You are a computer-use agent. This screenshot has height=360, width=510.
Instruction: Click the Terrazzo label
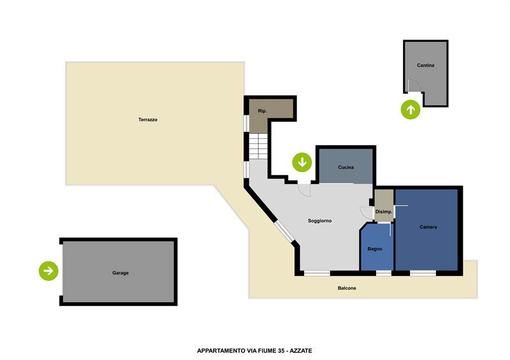click(x=148, y=120)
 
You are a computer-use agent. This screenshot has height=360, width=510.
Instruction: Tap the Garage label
click(x=120, y=273)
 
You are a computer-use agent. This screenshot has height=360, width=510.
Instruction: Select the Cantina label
click(x=425, y=66)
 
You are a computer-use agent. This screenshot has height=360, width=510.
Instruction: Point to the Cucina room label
click(x=346, y=167)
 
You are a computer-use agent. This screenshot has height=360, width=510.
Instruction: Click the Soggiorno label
click(x=320, y=221)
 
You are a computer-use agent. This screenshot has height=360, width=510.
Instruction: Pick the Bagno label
click(x=375, y=248)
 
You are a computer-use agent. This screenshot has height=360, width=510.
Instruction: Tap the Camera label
click(x=428, y=227)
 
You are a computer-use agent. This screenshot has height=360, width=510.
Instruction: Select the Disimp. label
click(x=384, y=212)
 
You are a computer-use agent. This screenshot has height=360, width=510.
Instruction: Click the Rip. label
click(x=262, y=111)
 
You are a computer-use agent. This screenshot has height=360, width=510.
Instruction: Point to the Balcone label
click(x=347, y=288)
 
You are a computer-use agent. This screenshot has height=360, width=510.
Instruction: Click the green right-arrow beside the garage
click(x=48, y=271)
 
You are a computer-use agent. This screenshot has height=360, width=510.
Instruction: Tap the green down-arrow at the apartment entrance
click(x=302, y=162)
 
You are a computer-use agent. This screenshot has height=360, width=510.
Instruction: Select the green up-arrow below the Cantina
click(x=411, y=110)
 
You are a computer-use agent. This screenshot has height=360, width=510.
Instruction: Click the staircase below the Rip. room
click(x=258, y=146)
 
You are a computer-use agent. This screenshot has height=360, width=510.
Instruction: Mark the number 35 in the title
click(x=281, y=350)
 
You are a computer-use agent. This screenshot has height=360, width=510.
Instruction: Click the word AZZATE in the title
click(x=301, y=350)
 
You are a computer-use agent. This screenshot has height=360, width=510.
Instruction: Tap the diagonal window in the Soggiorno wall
click(x=284, y=231)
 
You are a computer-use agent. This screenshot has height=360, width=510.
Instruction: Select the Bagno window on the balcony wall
click(x=384, y=273)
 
